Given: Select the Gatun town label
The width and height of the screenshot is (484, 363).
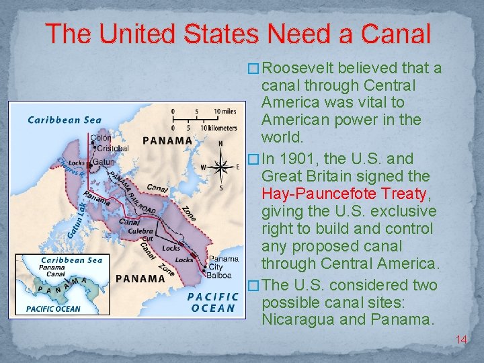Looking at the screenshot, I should tap(104, 162).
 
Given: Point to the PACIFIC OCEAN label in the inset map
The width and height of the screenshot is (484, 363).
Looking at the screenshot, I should tap(53, 309).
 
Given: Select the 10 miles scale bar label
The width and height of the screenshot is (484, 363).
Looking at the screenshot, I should tap(225, 112).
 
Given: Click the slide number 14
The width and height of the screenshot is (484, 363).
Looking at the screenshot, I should tap(461, 340).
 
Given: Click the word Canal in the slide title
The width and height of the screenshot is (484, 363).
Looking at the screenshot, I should tap(395, 34).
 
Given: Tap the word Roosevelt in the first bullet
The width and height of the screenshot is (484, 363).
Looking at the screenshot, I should tap(298, 69).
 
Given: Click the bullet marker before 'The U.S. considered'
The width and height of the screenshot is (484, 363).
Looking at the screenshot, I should tap(254, 285).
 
